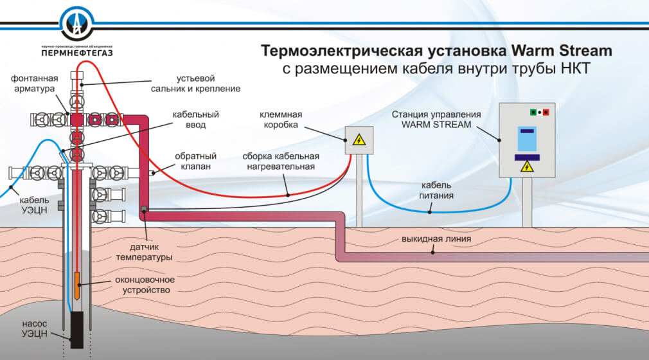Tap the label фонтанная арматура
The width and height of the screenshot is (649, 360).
35,84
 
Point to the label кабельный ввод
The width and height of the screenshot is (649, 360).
197,119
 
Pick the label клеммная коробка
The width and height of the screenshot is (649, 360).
281,120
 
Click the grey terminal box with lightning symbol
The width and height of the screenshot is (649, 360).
359,139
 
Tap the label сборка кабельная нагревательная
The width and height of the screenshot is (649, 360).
281,161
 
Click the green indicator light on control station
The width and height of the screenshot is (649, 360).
533,113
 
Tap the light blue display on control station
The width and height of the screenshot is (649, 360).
527,140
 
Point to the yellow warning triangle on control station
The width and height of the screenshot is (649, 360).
527,167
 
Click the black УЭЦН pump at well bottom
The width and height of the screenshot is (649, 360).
77,329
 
